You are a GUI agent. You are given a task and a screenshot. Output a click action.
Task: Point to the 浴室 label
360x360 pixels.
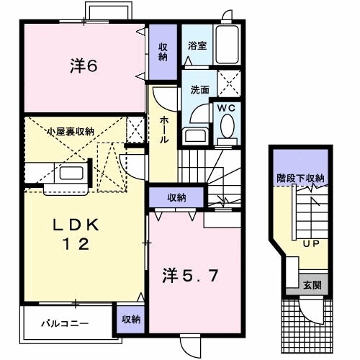click(x=196, y=45)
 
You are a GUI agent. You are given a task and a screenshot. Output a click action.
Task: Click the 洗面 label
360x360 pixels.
click(x=199, y=91)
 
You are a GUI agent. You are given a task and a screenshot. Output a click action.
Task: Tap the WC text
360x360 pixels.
click(x=226, y=108)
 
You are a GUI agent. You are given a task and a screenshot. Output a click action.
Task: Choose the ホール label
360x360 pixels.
click(x=164, y=130)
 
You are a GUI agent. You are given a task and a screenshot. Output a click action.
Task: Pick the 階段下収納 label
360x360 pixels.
click(x=300, y=178)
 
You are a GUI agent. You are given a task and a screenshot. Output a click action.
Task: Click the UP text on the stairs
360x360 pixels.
click(x=310, y=244)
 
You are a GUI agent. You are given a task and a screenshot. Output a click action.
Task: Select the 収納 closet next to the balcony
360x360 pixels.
click(x=130, y=318)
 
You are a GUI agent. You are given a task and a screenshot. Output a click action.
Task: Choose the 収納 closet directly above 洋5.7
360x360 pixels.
click(x=177, y=197)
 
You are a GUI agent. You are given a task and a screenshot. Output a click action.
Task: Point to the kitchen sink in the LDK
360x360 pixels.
click(x=70, y=174)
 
